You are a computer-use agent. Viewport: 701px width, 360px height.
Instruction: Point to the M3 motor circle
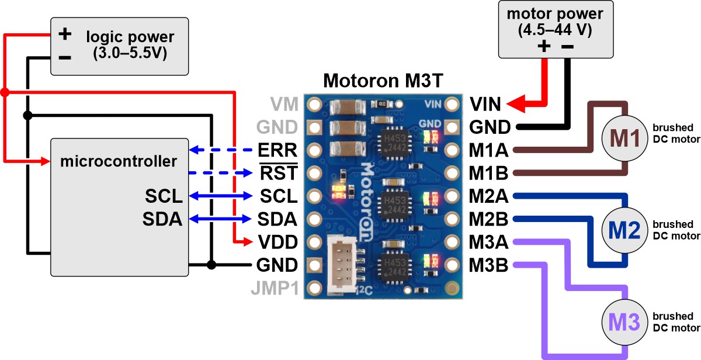[624, 321]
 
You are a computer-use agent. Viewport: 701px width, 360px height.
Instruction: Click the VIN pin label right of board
[485, 105]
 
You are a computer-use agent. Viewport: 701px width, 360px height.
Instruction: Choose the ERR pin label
[277, 150]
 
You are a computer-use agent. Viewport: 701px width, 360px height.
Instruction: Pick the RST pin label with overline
[279, 173]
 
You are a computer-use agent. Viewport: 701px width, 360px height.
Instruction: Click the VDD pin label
[277, 242]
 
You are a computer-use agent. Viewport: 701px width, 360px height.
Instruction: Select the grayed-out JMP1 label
[274, 288]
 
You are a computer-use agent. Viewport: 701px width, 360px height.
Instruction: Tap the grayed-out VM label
[284, 105]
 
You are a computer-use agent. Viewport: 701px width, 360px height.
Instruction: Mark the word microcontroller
[119, 161]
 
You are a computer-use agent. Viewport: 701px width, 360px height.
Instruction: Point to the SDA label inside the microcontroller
[162, 219]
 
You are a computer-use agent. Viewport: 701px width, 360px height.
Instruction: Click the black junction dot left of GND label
[212, 265]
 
